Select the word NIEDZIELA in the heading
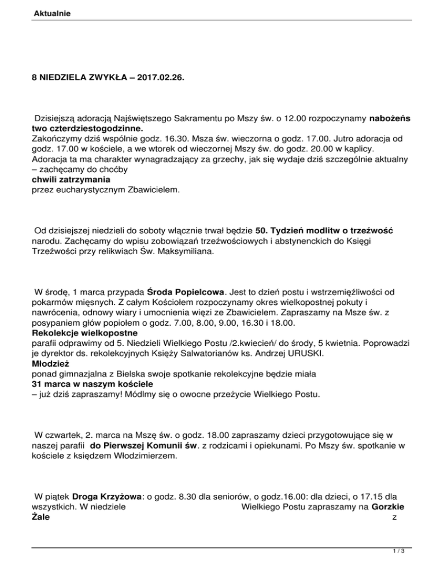65,76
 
